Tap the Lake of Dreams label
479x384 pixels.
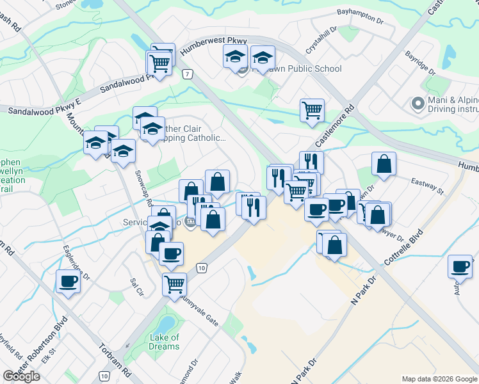[x=164, y=342]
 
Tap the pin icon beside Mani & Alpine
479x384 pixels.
[x=418, y=103]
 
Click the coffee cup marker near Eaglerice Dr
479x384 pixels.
[x=68, y=281]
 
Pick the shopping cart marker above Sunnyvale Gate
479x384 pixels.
[x=174, y=284]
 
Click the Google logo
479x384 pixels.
[x=21, y=376]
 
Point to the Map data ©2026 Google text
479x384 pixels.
[x=439, y=379]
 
